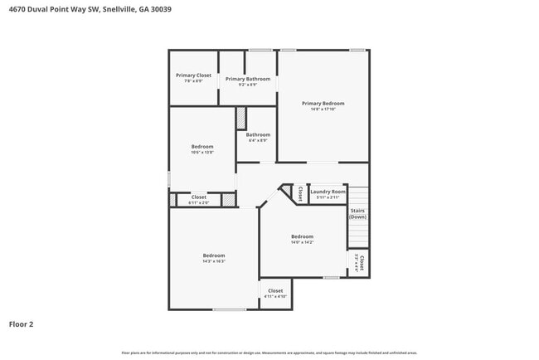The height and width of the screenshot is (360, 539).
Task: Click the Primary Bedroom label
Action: click(323, 103)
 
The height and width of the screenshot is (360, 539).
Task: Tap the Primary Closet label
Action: click(193, 75)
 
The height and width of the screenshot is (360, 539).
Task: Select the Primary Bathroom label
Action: click(248, 79)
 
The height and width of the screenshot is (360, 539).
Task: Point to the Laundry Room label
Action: click(328, 192)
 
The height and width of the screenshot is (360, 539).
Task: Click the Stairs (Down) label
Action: click(358, 214)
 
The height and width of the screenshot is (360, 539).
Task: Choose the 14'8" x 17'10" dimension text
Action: click(323, 109)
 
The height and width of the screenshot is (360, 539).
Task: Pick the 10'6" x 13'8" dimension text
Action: click(202, 152)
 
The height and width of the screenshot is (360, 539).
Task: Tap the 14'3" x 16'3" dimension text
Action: click(214, 261)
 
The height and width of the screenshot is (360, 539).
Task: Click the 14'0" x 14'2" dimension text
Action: click(302, 242)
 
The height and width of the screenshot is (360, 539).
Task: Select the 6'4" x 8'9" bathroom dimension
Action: click(258, 140)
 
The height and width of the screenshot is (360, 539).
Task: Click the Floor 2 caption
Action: click(21, 324)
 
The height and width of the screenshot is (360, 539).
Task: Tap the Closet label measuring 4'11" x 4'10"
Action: click(275, 290)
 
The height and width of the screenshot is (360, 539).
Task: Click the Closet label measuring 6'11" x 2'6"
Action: click(199, 197)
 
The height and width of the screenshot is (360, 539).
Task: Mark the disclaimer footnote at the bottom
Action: click(269, 353)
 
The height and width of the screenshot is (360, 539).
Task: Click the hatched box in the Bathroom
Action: click(241, 118)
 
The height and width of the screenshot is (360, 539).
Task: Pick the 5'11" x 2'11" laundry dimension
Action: click(328, 197)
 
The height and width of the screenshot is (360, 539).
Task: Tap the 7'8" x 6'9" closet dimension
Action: click(193, 80)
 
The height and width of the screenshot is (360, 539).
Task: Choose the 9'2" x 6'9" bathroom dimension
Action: click(248, 85)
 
